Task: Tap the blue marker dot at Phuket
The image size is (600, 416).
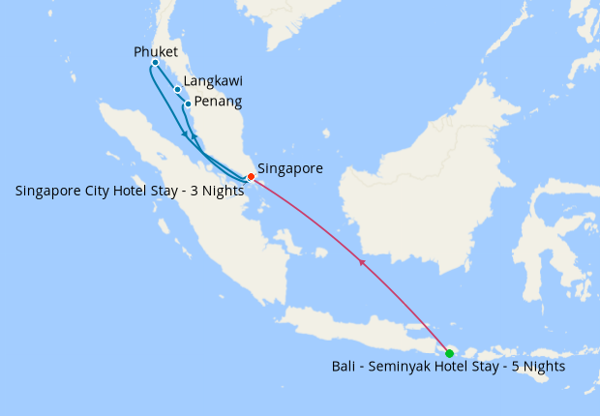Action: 155,63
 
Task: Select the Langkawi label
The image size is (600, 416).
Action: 213,82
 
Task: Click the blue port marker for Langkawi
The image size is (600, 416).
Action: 178,90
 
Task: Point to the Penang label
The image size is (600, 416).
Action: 218,101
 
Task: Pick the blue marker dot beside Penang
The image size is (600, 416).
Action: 188,104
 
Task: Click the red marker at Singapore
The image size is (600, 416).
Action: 251,176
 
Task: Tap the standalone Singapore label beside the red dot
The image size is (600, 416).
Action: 290,168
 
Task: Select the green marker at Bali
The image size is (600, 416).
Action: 449,353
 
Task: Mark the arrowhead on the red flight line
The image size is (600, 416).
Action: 362,261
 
